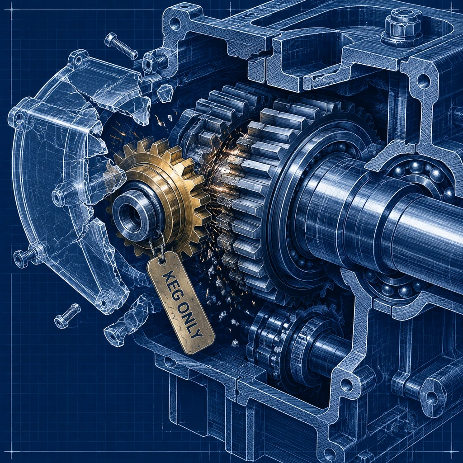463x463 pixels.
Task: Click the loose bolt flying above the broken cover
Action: pos(121,46)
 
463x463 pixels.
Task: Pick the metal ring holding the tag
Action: pos(157,246)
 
